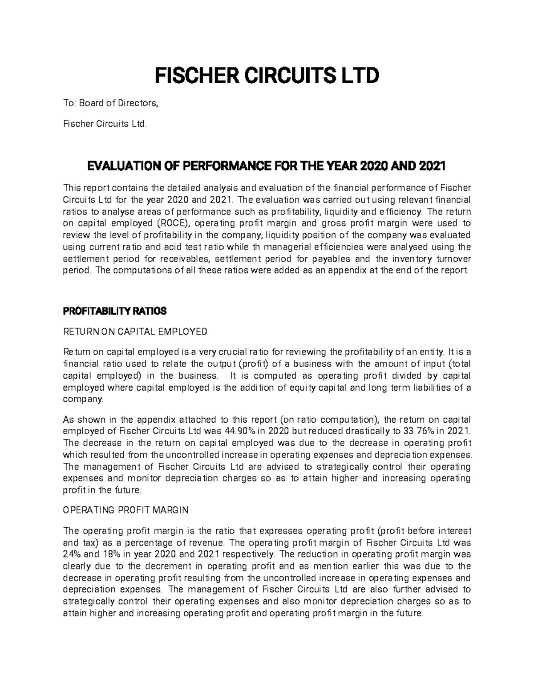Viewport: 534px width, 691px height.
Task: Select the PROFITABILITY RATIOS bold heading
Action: tap(115, 311)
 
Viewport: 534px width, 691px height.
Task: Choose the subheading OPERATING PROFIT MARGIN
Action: tap(126, 510)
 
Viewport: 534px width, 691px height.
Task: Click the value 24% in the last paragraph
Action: tap(72, 554)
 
